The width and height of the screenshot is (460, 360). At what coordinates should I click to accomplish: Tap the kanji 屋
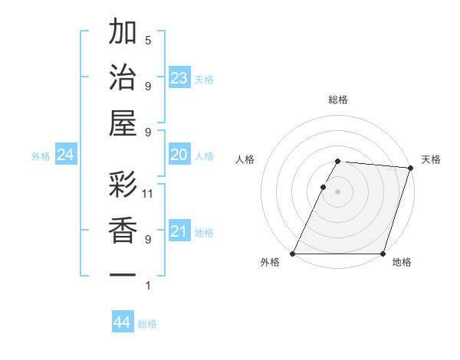tap(123, 122)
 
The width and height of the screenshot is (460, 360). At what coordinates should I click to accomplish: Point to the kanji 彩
tap(123, 185)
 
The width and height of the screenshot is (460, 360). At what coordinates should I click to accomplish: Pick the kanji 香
tap(123, 230)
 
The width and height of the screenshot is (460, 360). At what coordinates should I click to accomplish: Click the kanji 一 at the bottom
tap(123, 274)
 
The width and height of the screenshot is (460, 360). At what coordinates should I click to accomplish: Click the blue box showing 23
tap(179, 78)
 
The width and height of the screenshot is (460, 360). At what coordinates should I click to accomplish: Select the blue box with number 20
tap(179, 155)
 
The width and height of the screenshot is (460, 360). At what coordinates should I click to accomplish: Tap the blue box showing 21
tap(179, 232)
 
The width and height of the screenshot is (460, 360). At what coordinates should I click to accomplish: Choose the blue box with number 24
tap(66, 155)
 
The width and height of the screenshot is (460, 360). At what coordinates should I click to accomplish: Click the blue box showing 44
tap(123, 323)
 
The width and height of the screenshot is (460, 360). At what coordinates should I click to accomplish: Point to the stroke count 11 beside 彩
tap(148, 194)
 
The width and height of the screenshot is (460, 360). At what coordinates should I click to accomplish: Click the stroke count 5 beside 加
tap(148, 40)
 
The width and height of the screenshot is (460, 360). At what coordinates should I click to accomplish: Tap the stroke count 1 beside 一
tap(148, 286)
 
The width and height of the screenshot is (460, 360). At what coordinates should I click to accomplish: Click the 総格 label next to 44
tap(147, 324)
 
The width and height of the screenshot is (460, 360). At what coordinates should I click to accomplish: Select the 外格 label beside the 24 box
tap(41, 156)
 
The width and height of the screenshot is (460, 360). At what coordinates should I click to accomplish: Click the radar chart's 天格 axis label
tap(431, 159)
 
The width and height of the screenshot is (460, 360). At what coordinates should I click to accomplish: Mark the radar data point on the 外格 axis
tap(293, 254)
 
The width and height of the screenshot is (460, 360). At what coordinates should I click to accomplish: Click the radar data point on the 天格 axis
tap(411, 168)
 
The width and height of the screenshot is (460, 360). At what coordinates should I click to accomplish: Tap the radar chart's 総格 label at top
tap(337, 100)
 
